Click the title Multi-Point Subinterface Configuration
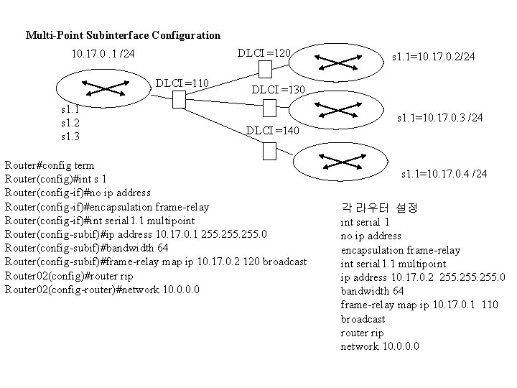(123, 34)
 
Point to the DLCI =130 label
(279, 90)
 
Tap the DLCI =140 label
(272, 131)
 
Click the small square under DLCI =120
(264, 69)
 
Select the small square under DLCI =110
(180, 101)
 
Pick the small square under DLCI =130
(269, 108)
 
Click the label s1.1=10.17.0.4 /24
(444, 174)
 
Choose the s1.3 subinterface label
(71, 136)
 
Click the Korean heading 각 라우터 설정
(378, 208)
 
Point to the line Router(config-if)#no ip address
(78, 193)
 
